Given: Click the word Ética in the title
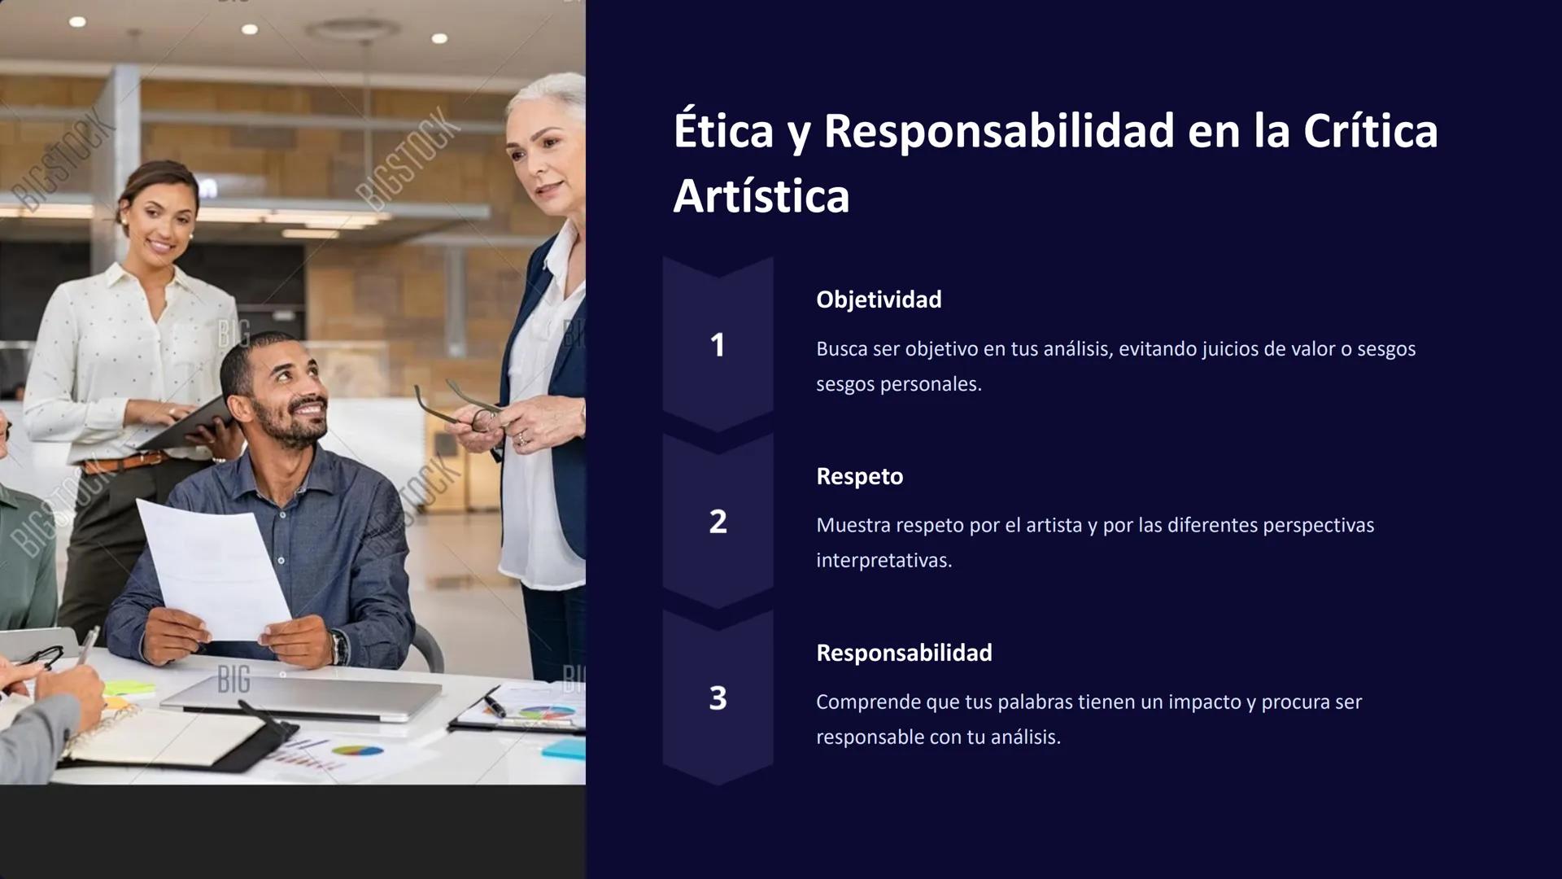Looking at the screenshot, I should click(x=723, y=131).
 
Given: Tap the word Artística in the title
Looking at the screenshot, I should click(x=761, y=196).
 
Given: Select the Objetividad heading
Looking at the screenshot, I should click(x=879, y=300).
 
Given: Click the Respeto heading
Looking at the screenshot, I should click(x=859, y=476).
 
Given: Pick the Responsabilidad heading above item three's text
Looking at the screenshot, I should click(x=904, y=653).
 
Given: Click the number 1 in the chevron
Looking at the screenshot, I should click(x=718, y=345).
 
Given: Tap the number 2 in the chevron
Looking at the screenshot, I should click(x=718, y=522).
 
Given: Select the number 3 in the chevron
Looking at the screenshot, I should click(x=718, y=698).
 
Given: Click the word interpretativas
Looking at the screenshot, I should click(x=884, y=561).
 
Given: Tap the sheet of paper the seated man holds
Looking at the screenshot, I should click(x=213, y=570).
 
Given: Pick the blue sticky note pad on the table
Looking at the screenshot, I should click(x=563, y=748).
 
